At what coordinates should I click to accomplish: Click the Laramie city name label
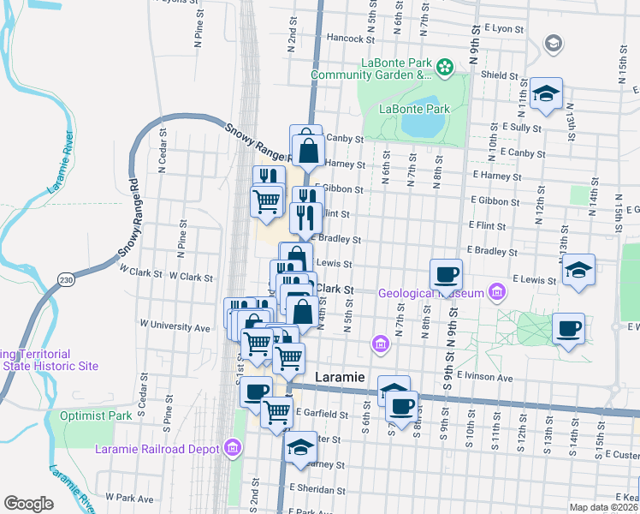(341, 377)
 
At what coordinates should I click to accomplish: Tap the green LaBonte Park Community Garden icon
(445, 65)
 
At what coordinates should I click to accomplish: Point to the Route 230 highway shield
(66, 279)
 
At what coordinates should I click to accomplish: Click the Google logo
(28, 503)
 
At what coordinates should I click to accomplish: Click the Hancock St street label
(351, 39)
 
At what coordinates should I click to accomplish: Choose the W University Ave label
(176, 327)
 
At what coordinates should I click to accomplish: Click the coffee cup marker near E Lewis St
(445, 275)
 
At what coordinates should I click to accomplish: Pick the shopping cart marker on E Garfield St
(277, 412)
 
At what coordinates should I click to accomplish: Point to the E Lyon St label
(500, 28)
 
